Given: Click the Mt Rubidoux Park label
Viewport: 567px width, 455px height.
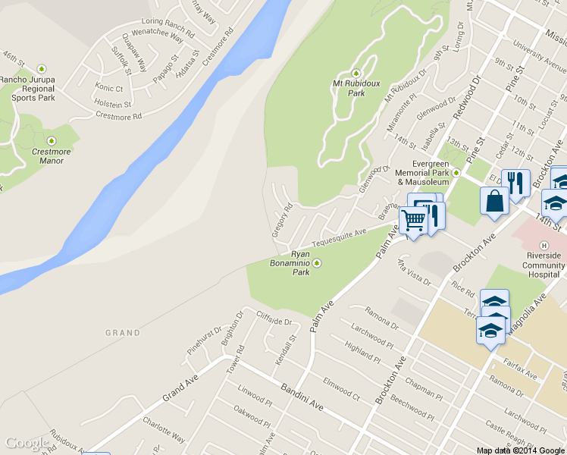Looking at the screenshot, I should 350,88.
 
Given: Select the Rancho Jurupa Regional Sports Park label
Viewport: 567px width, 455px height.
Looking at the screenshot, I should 27,87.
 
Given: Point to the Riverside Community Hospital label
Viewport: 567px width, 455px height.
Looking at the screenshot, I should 543,265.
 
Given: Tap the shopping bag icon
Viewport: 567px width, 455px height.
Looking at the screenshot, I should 494,202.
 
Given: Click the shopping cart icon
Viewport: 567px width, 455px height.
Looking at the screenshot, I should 414,221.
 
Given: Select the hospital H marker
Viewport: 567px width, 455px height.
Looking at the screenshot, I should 543,245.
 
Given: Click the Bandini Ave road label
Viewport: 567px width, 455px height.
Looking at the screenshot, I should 302,397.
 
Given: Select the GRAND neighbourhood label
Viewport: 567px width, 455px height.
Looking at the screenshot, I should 123,333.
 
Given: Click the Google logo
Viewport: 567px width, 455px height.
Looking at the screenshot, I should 27,443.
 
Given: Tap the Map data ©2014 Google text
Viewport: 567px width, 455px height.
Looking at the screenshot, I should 520,450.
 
